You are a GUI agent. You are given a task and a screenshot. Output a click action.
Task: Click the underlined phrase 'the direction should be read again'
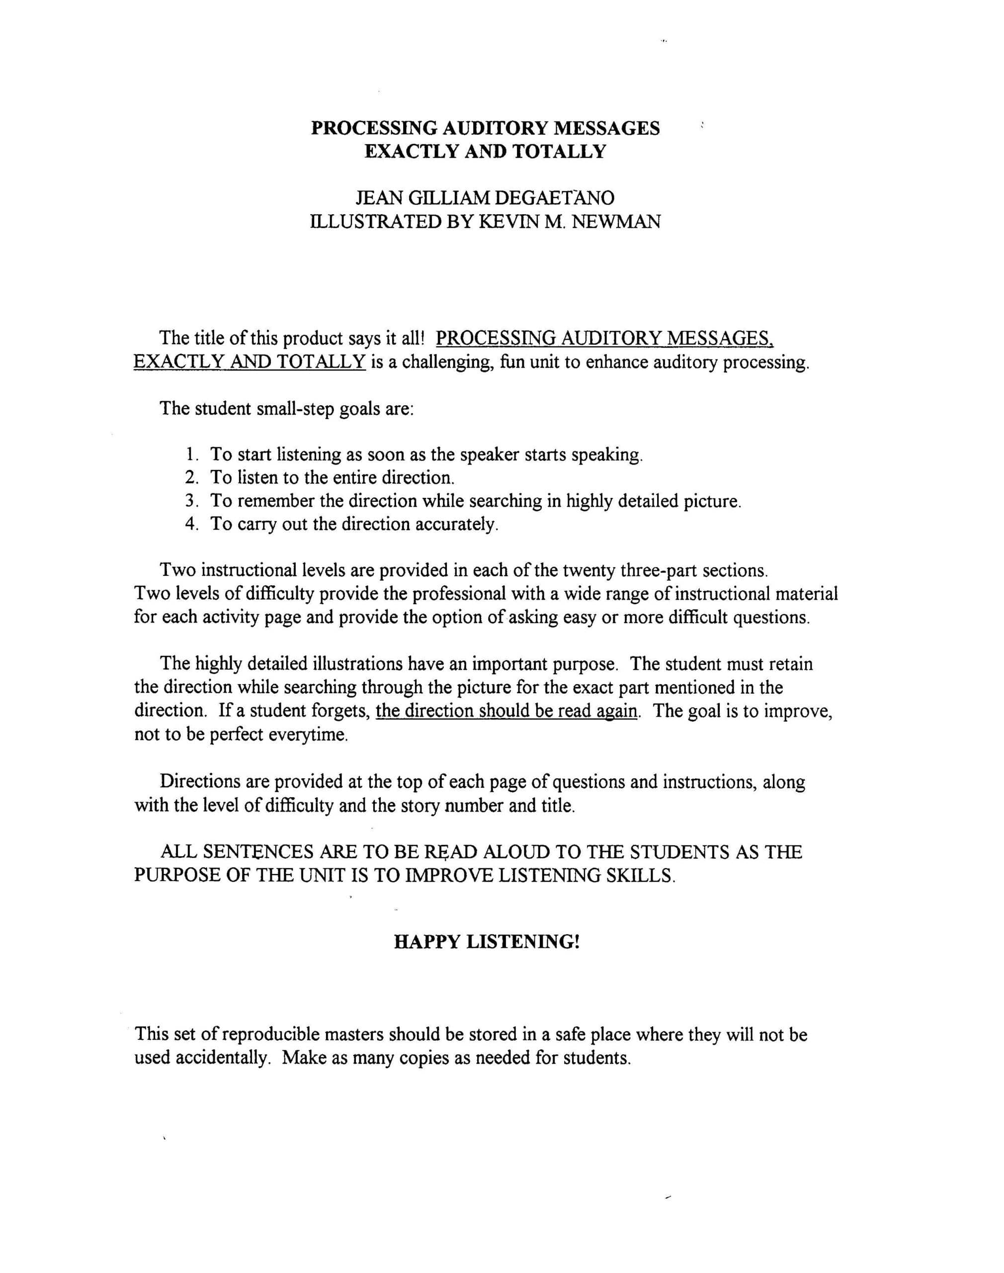click(x=508, y=711)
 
